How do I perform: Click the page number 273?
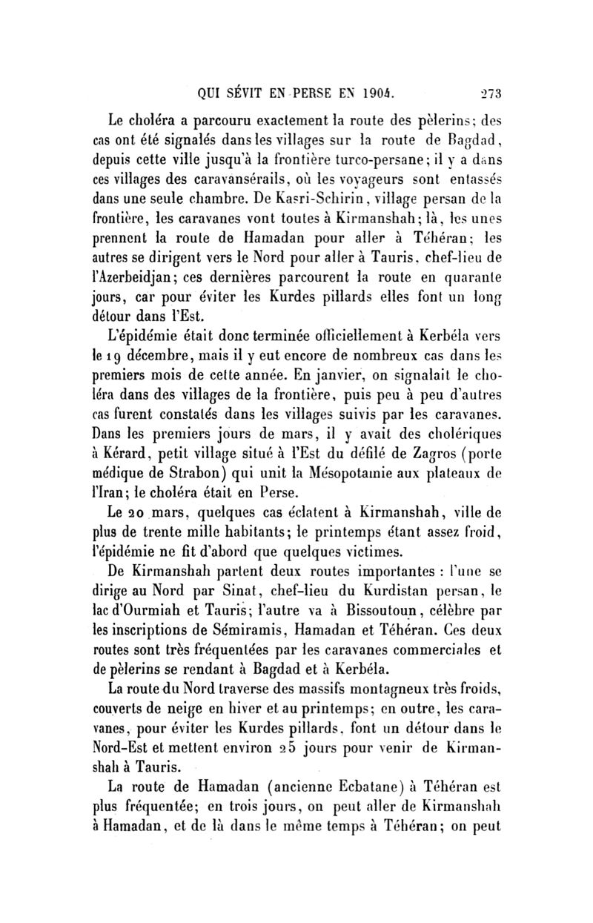488,94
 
